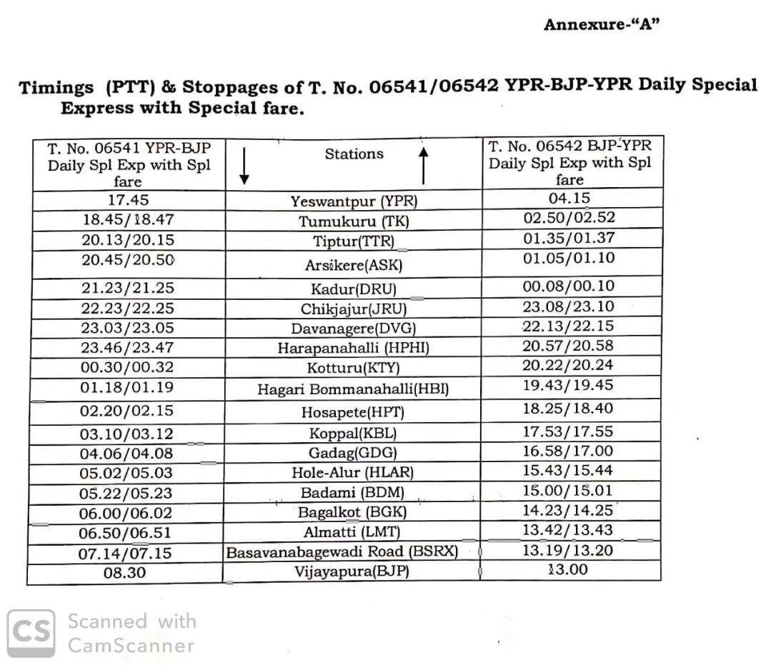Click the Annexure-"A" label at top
point(601,24)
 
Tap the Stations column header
point(354,154)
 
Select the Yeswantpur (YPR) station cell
point(354,201)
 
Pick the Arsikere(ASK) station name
point(354,266)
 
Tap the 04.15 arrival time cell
point(569,199)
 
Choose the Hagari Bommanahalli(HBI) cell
point(354,390)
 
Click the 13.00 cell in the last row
point(567,570)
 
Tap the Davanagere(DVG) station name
point(354,329)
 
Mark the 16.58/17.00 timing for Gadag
point(569,451)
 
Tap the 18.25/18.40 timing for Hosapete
point(569,409)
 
